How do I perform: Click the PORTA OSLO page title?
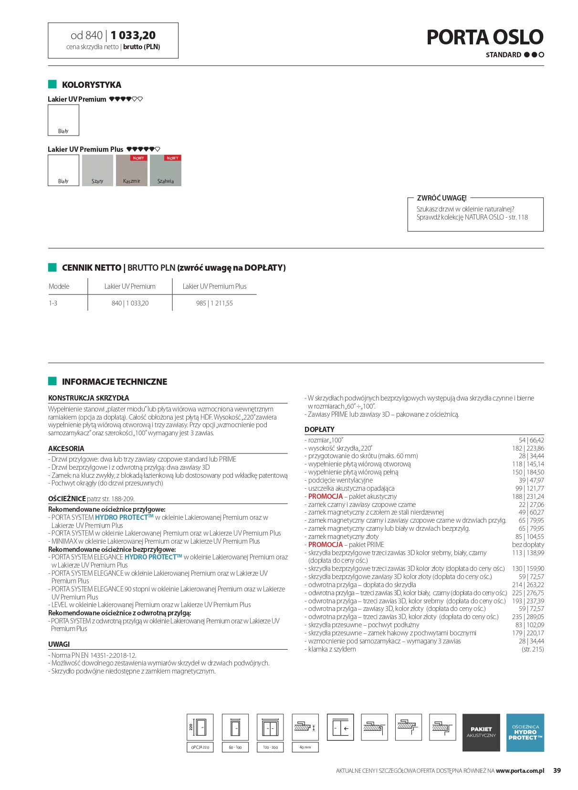point(484,37)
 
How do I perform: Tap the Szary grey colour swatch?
point(97,170)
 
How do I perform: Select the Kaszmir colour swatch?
point(132,170)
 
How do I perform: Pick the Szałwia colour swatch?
point(166,170)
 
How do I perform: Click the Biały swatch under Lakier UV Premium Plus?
point(63,170)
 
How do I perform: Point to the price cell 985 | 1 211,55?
point(214,303)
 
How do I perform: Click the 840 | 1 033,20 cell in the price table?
point(130,303)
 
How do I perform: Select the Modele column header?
point(59,286)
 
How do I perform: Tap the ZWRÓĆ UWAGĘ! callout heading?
point(441,198)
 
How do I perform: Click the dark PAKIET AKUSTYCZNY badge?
point(481,732)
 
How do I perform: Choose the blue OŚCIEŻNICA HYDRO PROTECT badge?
point(525,732)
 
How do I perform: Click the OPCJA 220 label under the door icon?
point(200,747)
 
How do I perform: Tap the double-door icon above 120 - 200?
point(270,727)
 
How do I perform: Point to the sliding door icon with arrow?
point(340,727)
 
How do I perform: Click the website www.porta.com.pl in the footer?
point(520,770)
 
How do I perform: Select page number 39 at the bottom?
point(557,770)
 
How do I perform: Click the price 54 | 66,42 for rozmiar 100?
point(531,440)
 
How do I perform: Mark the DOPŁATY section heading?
point(319,429)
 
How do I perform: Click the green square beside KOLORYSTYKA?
point(53,84)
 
